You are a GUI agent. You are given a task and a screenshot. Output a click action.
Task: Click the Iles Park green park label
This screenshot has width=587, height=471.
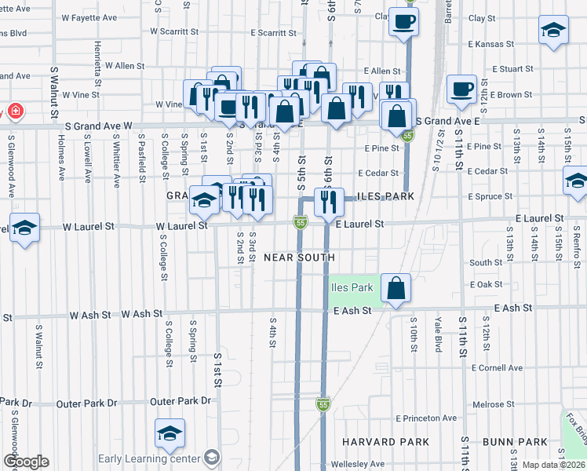point(351,287)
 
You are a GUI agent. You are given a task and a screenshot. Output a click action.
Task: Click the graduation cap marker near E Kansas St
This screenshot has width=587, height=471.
point(553,30)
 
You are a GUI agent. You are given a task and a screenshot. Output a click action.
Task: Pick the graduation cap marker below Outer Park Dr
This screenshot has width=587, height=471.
point(170,433)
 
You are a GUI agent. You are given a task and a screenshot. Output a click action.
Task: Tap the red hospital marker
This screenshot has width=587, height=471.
point(13,111)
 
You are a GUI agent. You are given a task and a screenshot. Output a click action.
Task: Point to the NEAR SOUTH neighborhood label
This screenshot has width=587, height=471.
point(299,257)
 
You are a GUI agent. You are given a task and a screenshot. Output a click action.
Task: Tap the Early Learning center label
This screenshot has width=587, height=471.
point(150,458)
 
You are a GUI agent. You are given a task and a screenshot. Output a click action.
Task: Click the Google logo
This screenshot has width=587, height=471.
point(25,462)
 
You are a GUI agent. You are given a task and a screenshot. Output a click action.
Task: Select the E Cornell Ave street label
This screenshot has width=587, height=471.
point(497,367)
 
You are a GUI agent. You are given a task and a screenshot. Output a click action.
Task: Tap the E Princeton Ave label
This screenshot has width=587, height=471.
point(426,418)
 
